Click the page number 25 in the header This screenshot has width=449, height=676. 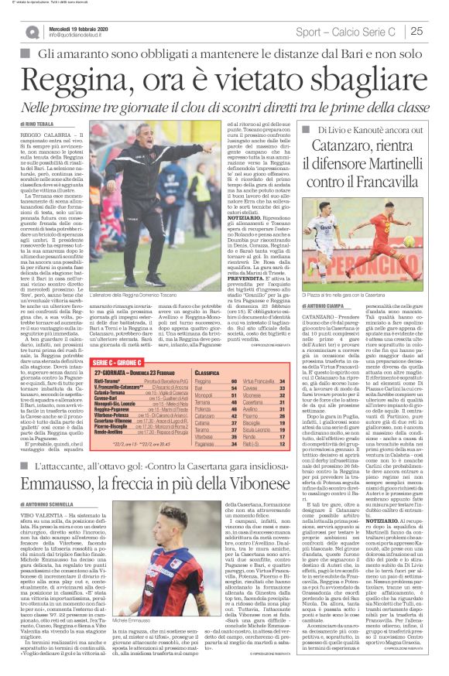coord(437,32)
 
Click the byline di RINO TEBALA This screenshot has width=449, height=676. coord(37,123)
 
